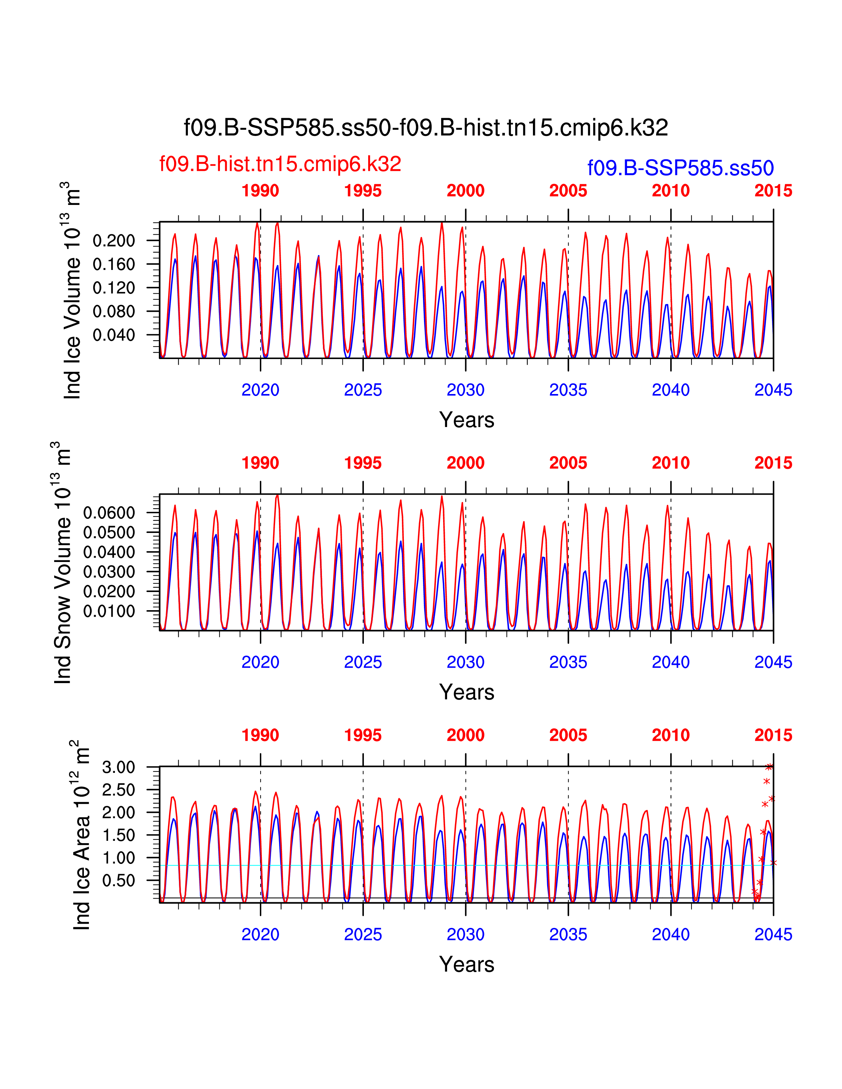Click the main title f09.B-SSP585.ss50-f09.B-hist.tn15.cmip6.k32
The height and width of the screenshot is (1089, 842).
426,128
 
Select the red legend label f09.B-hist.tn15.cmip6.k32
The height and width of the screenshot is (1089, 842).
280,164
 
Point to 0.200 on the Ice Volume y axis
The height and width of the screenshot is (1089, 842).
114,241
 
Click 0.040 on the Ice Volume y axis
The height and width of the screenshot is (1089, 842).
114,335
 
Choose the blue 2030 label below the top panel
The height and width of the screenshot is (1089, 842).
465,390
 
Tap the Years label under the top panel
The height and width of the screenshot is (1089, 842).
466,420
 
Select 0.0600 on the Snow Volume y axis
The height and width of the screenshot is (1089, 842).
109,512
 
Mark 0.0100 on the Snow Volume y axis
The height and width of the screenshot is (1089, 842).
109,611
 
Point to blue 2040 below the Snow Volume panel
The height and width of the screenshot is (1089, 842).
670,662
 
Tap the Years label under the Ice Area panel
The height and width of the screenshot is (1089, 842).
466,964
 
